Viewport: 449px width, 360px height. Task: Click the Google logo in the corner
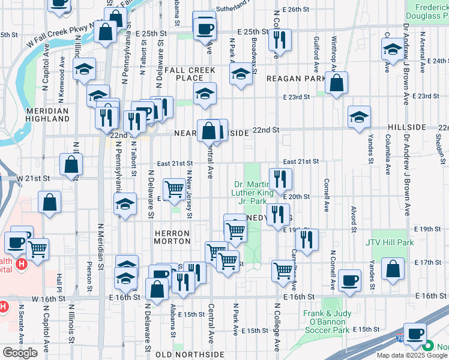pos(20,353)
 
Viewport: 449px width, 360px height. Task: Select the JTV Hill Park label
pos(389,243)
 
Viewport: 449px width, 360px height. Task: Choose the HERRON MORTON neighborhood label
pos(173,236)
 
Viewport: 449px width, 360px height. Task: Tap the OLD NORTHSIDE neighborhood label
pos(189,355)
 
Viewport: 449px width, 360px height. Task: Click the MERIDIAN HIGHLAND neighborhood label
pos(48,115)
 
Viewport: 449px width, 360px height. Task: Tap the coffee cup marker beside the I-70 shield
pos(414,334)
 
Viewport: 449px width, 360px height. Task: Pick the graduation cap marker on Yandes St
pos(359,117)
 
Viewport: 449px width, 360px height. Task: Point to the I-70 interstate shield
pos(401,339)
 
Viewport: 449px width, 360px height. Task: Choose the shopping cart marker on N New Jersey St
pos(174,189)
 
